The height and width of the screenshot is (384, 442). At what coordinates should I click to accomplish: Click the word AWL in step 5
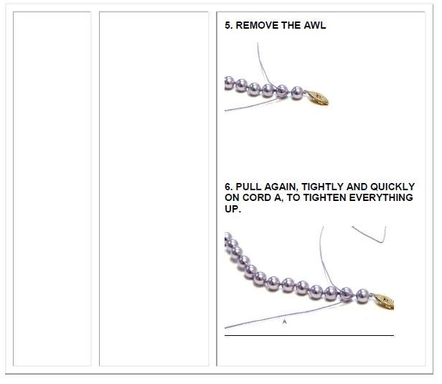(314, 25)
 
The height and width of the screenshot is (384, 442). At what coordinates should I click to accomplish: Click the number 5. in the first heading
(229, 25)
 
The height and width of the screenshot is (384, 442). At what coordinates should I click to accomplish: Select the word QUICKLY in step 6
(392, 187)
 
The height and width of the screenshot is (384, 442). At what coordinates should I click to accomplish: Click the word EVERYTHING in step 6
(381, 197)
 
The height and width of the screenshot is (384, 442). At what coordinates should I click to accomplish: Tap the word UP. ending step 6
(232, 209)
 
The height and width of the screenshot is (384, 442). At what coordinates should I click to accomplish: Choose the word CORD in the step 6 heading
(257, 197)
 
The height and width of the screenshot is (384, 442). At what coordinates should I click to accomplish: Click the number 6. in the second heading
(229, 187)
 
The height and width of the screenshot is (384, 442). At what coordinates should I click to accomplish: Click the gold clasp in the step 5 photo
(317, 98)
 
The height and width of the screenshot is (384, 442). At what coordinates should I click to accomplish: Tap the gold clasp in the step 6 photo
(384, 301)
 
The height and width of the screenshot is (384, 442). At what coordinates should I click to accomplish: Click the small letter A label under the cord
(284, 322)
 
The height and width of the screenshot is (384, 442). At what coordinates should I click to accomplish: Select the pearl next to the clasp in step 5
(297, 93)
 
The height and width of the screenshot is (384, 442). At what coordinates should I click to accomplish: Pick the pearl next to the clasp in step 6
(362, 296)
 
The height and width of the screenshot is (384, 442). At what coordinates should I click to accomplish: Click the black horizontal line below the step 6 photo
(309, 335)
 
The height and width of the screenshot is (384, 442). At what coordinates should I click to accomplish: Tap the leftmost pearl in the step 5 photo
(229, 83)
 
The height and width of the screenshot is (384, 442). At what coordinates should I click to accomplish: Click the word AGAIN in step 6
(279, 187)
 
